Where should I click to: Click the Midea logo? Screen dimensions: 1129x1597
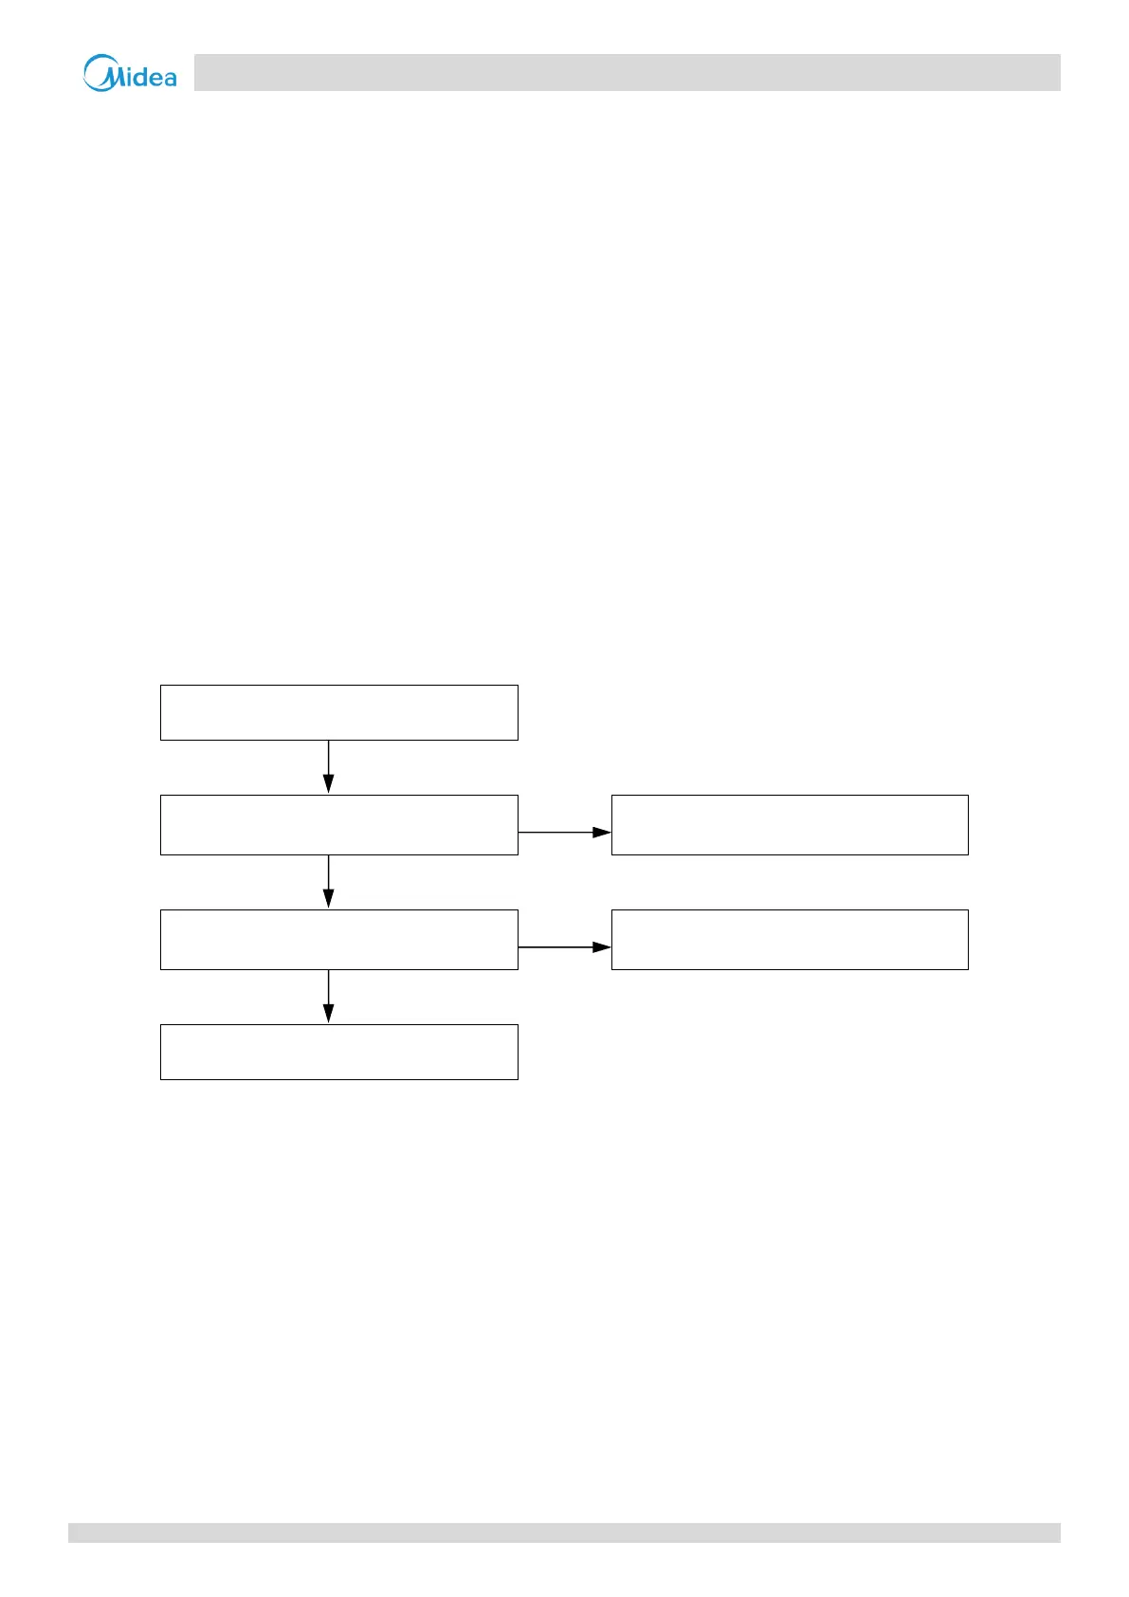click(130, 73)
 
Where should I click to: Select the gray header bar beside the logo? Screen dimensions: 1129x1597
click(627, 72)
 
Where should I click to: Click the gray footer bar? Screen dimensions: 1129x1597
click(564, 1533)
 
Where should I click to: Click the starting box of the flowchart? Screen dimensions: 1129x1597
click(338, 712)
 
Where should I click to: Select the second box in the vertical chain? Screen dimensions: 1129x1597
click(338, 825)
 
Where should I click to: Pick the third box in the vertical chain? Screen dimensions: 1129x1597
click(338, 940)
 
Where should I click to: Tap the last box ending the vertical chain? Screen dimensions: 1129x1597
click(338, 1052)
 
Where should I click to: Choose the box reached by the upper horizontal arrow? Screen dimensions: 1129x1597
click(790, 825)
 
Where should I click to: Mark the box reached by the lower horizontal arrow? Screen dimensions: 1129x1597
click(790, 940)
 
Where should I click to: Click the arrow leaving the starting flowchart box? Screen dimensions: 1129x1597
click(328, 763)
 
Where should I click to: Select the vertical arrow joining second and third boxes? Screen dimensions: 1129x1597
click(328, 879)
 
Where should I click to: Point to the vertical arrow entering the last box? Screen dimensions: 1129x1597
click(328, 993)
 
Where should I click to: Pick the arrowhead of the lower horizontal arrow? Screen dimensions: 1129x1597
click(603, 947)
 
